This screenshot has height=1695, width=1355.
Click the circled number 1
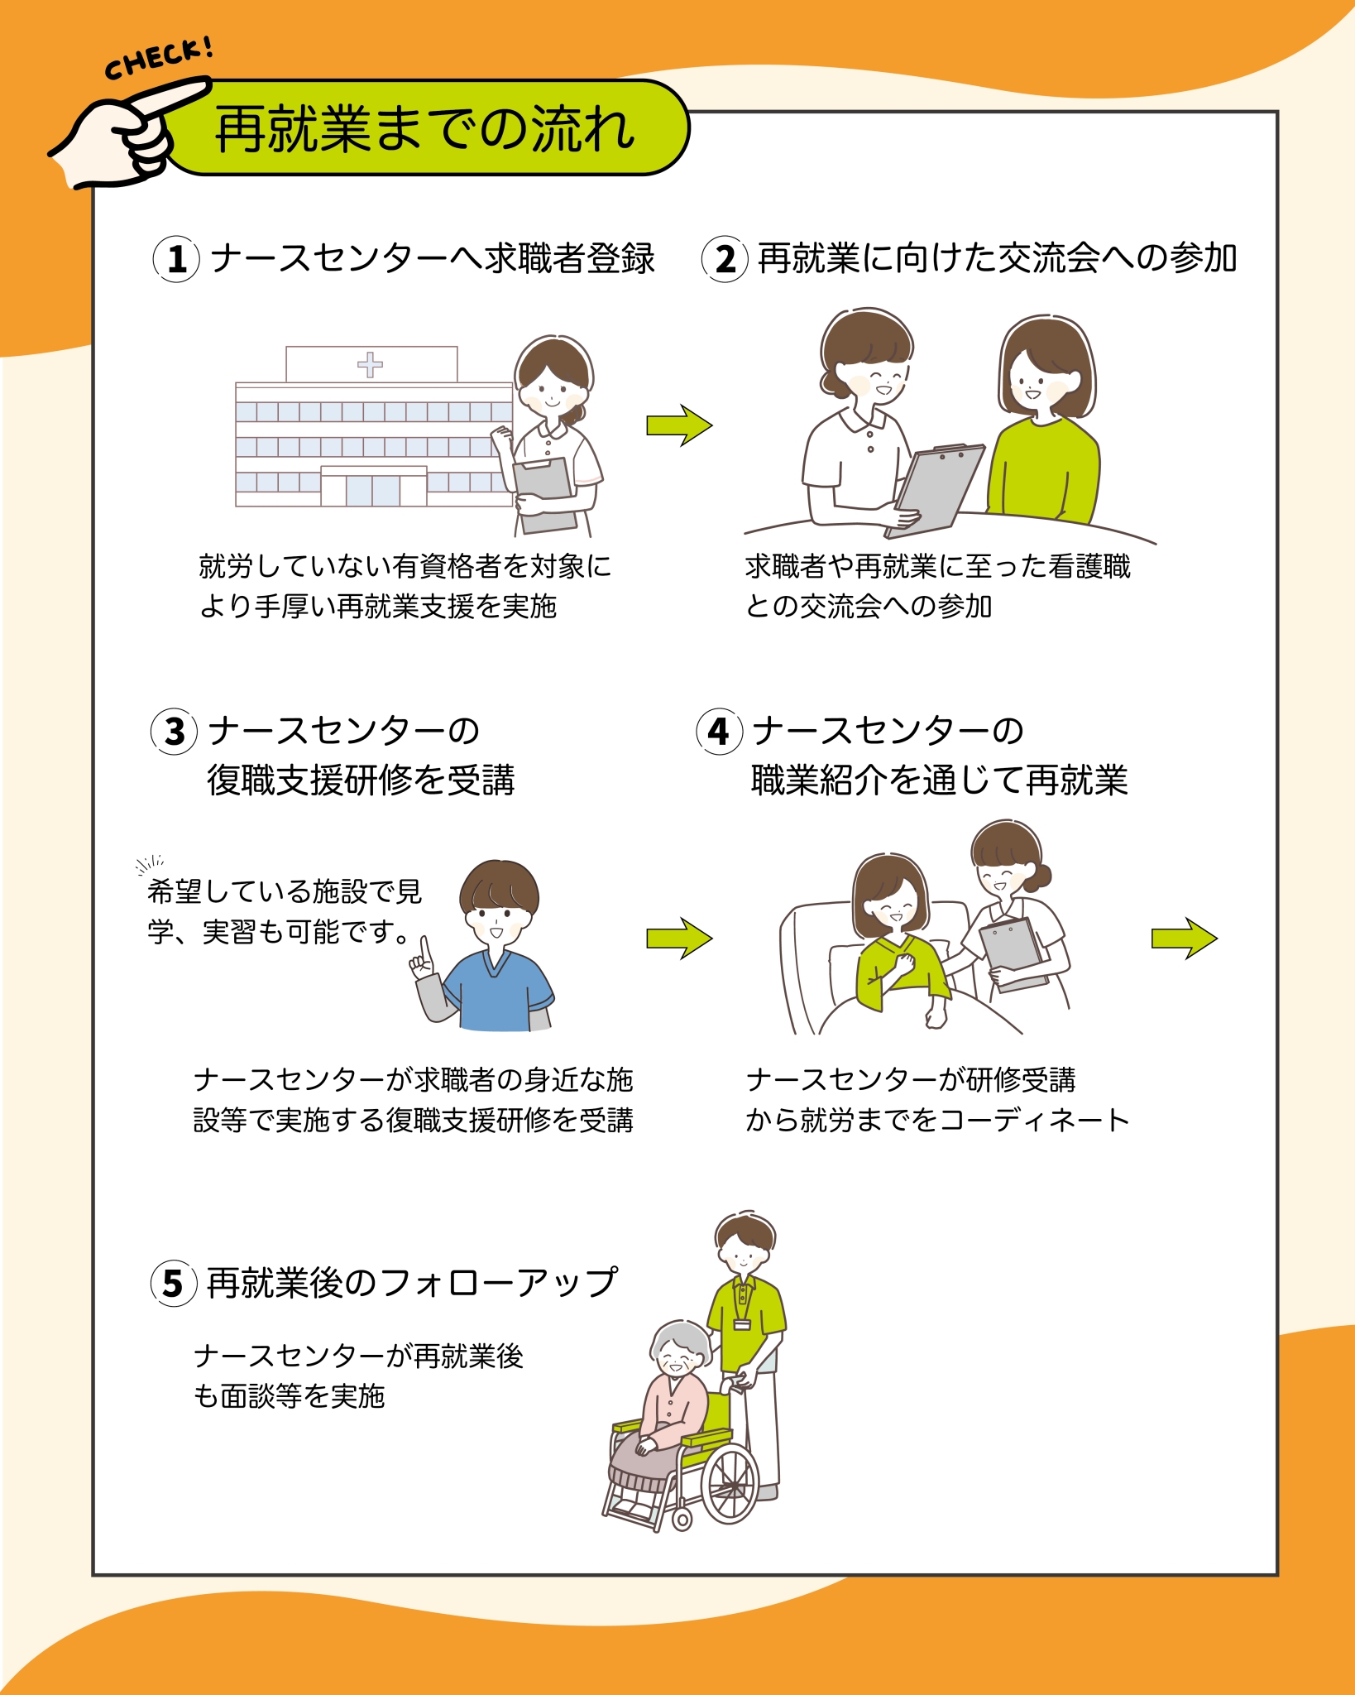point(176,259)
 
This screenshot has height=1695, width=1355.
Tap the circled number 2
point(725,259)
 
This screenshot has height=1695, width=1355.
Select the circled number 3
point(174,732)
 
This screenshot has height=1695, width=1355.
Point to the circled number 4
point(719,732)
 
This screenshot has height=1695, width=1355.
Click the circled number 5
point(173,1283)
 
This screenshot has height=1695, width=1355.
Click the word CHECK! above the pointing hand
point(159,60)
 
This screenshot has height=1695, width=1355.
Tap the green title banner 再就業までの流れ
point(426,128)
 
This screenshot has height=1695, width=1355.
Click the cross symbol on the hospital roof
point(370,364)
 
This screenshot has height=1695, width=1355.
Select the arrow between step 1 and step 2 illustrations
point(679,425)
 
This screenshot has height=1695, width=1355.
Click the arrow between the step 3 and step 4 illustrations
point(679,939)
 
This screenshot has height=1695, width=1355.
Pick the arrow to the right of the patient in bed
point(1185,939)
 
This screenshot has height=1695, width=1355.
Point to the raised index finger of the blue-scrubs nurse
point(425,949)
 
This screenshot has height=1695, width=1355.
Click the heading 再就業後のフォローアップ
point(411,1283)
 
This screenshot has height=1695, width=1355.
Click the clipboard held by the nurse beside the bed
point(1013,954)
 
